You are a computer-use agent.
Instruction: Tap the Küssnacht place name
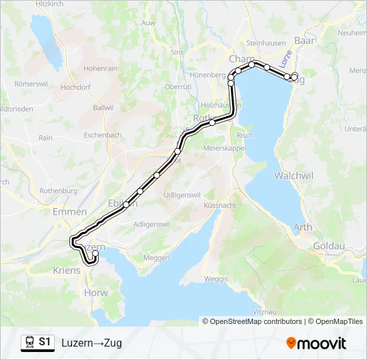click(x=220, y=205)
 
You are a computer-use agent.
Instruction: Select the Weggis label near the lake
click(x=216, y=278)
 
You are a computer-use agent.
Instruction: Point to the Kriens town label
click(x=66, y=271)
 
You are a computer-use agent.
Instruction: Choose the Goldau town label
click(x=330, y=246)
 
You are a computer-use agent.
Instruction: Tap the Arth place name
click(x=302, y=227)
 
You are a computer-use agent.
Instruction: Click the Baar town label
click(x=304, y=41)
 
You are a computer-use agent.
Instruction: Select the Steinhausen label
click(x=266, y=43)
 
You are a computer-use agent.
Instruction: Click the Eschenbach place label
click(x=103, y=134)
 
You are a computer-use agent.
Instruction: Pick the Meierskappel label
click(x=225, y=147)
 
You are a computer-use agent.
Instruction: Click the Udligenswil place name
click(x=182, y=194)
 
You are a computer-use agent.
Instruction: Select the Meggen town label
click(x=157, y=257)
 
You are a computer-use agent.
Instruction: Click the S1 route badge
click(x=45, y=342)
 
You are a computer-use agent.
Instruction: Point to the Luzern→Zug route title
click(x=91, y=343)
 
